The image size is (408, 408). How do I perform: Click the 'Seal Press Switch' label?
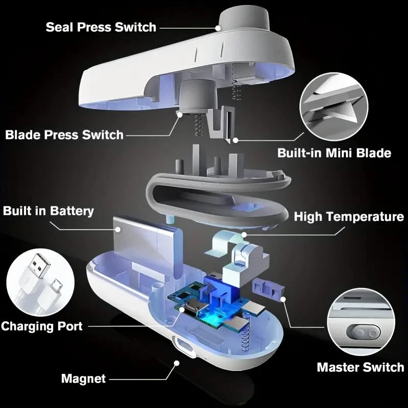tap(100, 27)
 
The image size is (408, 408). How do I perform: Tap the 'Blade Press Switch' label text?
tap(64, 135)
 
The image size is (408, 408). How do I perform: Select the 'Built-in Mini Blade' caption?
tap(334, 152)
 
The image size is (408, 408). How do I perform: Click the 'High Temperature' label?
tap(349, 217)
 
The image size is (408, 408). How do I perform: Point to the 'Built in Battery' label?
tap(48, 211)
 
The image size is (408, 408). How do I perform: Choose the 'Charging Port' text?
tap(41, 326)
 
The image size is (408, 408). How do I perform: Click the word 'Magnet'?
tap(83, 378)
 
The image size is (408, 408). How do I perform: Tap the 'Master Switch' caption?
tap(360, 367)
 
